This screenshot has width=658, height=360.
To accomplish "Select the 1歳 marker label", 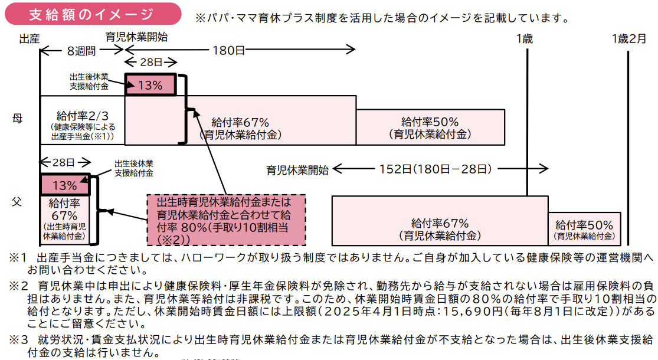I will coord(524,39).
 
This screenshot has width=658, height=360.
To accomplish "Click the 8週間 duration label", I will coord(81,51).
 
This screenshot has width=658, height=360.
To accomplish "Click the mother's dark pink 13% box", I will coord(150,85).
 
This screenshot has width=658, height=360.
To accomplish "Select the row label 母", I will coord(17,118).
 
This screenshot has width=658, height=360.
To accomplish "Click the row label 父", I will coord(17,202).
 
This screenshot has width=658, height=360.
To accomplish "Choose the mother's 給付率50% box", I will coord(430,127).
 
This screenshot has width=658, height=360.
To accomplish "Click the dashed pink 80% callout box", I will coord(226,220).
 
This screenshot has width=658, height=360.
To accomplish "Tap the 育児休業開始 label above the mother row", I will coord(136,37).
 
